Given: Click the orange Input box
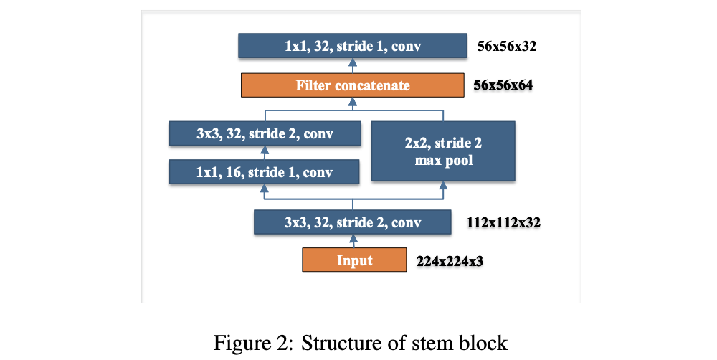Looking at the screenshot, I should pyautogui.click(x=354, y=260).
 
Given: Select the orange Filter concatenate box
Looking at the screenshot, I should pyautogui.click(x=353, y=85).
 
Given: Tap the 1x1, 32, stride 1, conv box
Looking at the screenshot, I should pyautogui.click(x=352, y=47).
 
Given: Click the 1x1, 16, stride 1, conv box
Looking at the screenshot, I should pyautogui.click(x=264, y=172).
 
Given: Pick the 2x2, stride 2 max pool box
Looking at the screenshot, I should pyautogui.click(x=443, y=151).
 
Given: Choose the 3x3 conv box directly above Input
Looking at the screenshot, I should pyautogui.click(x=352, y=222).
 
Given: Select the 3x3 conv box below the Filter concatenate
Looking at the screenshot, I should pyautogui.click(x=264, y=133).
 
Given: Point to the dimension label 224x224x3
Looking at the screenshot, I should pyautogui.click(x=450, y=261).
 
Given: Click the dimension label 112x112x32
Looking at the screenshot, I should pyautogui.click(x=503, y=223).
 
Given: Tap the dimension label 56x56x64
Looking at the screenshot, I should pyautogui.click(x=503, y=86).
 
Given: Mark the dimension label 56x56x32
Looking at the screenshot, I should pyautogui.click(x=507, y=48).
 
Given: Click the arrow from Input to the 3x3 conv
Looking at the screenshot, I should pyautogui.click(x=353, y=242).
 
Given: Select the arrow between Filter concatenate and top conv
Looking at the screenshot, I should pyautogui.click(x=353, y=67).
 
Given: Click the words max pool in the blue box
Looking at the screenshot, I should pyautogui.click(x=444, y=160).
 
